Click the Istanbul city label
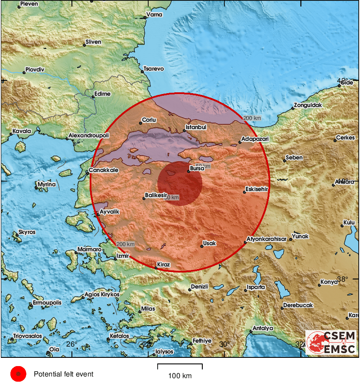pyautogui.click(x=196, y=127)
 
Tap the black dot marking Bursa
pyautogui.click(x=188, y=172)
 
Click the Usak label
pyautogui.click(x=210, y=243)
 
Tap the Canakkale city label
pyautogui.click(x=104, y=170)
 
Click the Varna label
pyautogui.click(x=154, y=15)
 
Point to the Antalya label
pyautogui.click(x=263, y=328)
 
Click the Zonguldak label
pyautogui.click(x=308, y=105)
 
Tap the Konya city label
pyautogui.click(x=329, y=282)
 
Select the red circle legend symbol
pyautogui.click(x=18, y=374)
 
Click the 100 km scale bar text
pyautogui.click(x=180, y=376)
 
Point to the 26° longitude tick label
pyautogui.click(x=71, y=344)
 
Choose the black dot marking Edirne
pyautogui.click(x=93, y=97)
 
